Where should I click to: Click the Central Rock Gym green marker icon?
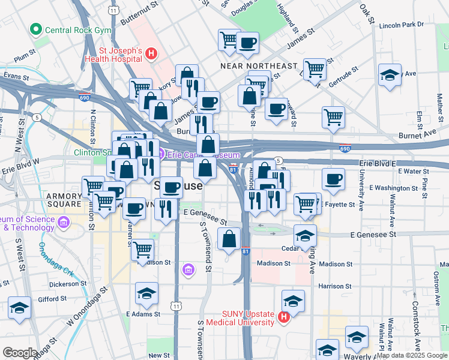(x=36, y=29)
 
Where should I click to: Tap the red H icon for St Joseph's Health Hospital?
(x=151, y=55)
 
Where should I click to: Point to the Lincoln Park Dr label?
(x=402, y=25)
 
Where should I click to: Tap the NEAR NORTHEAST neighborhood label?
(x=259, y=65)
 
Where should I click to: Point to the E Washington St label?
(x=393, y=188)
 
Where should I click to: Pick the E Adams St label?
(x=143, y=314)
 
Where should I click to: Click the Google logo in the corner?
(x=20, y=352)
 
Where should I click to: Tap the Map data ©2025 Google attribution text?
(x=411, y=355)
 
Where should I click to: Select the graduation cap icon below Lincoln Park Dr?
(x=390, y=76)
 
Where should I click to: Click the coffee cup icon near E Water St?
(x=333, y=179)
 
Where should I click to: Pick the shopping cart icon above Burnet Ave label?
(x=333, y=117)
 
